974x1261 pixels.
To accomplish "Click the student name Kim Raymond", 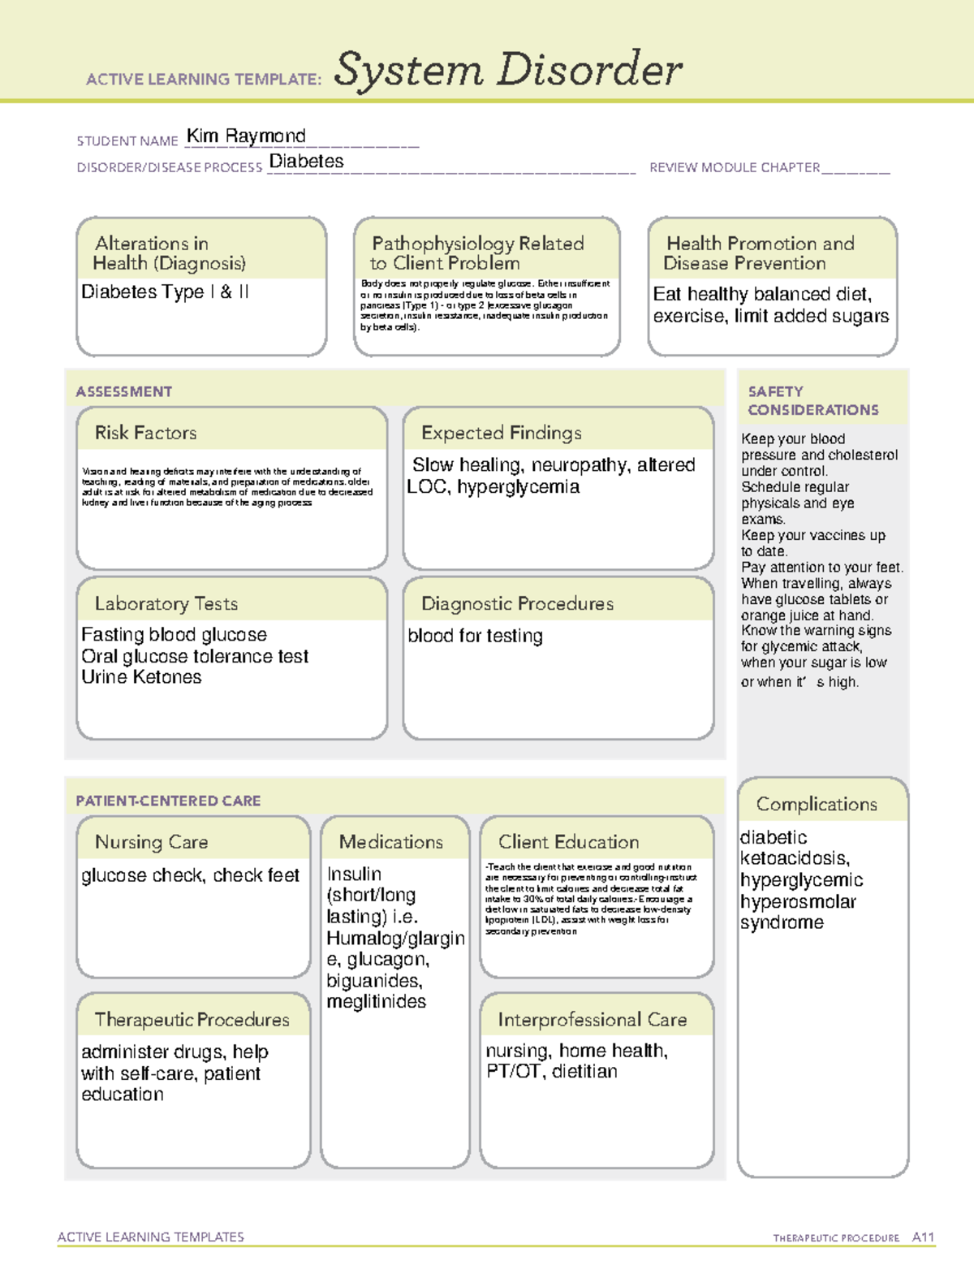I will (x=246, y=136).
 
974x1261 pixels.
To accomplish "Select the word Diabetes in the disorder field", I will (x=306, y=162).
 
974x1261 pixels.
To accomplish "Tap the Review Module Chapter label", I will (x=734, y=167).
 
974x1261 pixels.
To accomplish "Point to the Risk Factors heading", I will (x=145, y=433).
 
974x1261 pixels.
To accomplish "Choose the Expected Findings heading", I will (x=501, y=433).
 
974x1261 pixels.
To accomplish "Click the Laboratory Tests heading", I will (x=166, y=603).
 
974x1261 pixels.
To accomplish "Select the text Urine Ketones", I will (x=141, y=677).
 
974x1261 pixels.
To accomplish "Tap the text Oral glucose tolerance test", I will (x=195, y=656).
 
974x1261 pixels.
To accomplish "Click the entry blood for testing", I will (x=475, y=636).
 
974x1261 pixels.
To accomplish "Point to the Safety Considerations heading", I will (x=812, y=400).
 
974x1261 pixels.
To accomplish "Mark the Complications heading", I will (x=816, y=804).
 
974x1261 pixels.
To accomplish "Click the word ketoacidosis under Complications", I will (x=794, y=858).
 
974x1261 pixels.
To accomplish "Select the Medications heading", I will (x=390, y=842).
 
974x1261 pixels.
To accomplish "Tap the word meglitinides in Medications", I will (x=376, y=1002).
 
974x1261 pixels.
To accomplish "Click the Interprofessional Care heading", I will (x=592, y=1019).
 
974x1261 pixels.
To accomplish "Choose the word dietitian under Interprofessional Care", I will (x=584, y=1072).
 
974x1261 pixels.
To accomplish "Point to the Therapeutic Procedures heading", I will (x=192, y=1019).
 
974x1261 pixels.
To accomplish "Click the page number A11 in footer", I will (x=923, y=1237).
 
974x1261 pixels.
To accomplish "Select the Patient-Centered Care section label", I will (x=168, y=801).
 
